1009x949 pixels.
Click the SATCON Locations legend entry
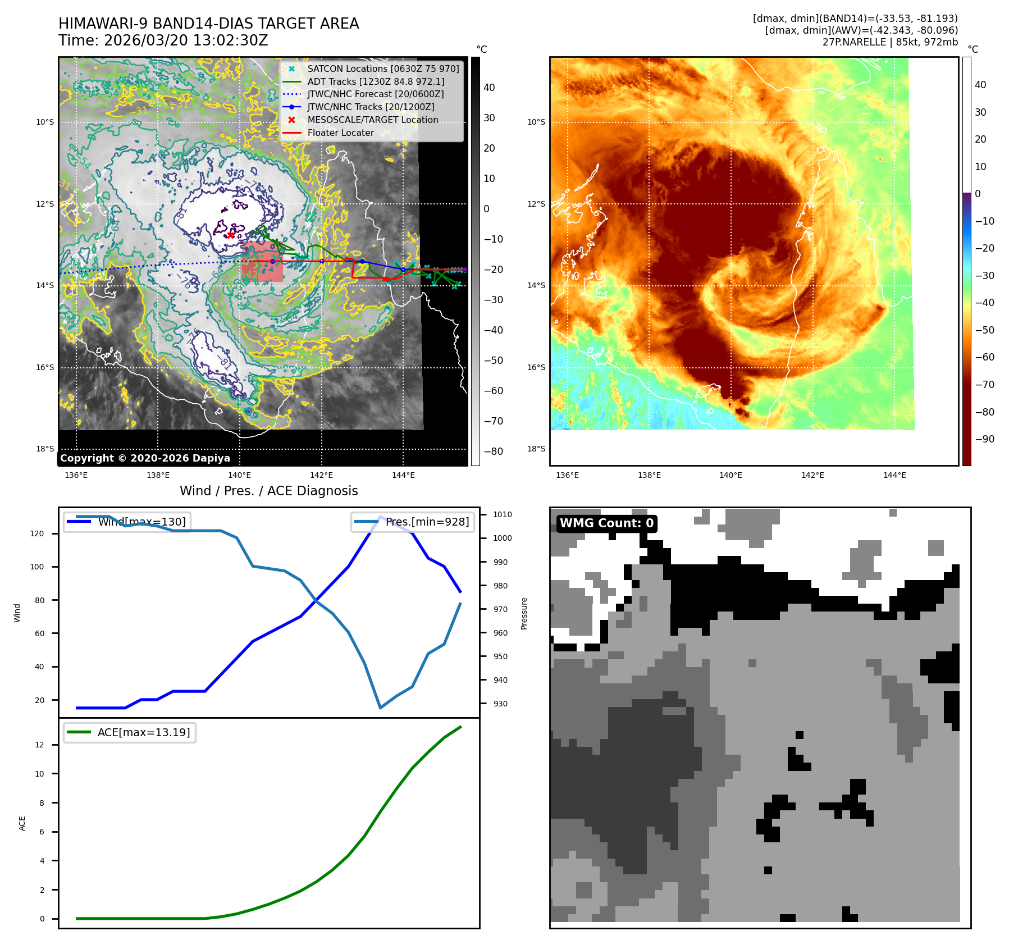point(383,69)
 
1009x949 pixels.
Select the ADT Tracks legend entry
point(375,81)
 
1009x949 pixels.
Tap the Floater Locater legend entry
point(340,133)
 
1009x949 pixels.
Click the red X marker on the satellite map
point(231,235)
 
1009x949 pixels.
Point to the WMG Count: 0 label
point(606,523)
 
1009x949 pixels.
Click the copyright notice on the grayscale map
point(145,458)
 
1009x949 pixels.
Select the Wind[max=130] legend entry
point(141,522)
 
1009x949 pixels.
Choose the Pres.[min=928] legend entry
point(427,522)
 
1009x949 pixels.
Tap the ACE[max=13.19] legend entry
point(143,732)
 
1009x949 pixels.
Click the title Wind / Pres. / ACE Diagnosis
point(268,491)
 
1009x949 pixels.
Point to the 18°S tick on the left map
point(45,449)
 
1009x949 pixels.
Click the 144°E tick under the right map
point(894,475)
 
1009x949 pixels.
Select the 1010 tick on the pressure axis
point(502,514)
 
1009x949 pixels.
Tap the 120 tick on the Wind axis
point(37,533)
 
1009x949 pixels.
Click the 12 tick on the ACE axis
point(39,745)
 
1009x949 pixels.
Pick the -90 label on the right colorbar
point(984,439)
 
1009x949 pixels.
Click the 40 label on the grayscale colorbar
point(489,88)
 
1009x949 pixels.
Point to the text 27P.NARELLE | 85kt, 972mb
point(890,42)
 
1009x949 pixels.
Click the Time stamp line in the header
point(163,41)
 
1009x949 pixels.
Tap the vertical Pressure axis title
point(524,613)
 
